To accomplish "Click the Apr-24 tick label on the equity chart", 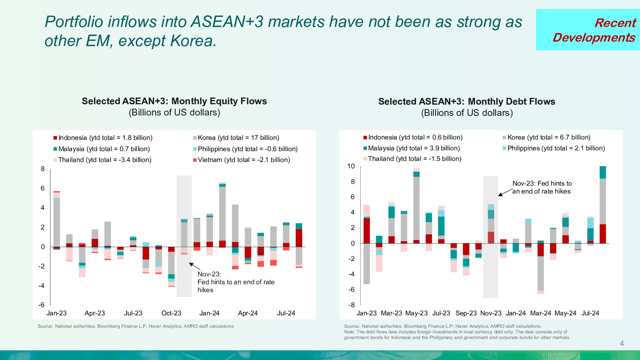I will tap(247, 313).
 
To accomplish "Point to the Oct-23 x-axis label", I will tap(171, 313).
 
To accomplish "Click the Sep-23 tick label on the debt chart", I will tap(466, 313).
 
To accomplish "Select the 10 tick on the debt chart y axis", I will tap(351, 166).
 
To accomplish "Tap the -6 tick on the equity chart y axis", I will tap(42, 305).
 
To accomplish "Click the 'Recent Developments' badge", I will tap(588, 30).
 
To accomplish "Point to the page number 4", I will tap(622, 343).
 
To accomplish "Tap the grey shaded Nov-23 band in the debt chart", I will tap(490, 270).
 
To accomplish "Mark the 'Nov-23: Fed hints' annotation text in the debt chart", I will tap(542, 187).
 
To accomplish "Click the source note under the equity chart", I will tap(135, 326).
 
